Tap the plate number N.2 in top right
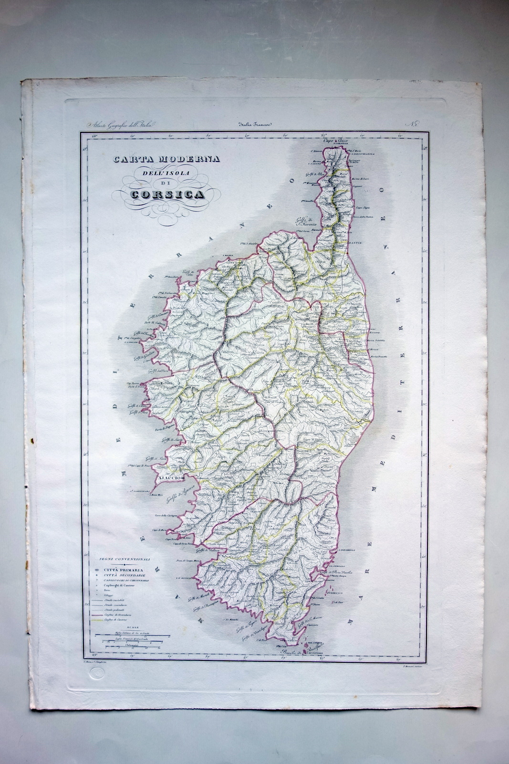coord(412,125)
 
